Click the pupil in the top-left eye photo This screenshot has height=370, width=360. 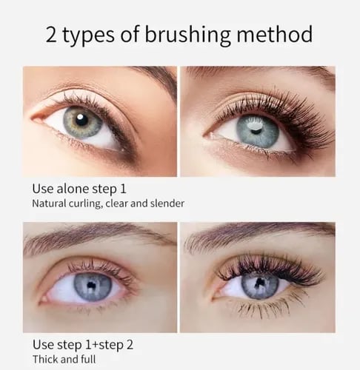tap(82, 119)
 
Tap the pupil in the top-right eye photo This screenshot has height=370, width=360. tap(255, 127)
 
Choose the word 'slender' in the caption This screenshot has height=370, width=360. tap(167, 203)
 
